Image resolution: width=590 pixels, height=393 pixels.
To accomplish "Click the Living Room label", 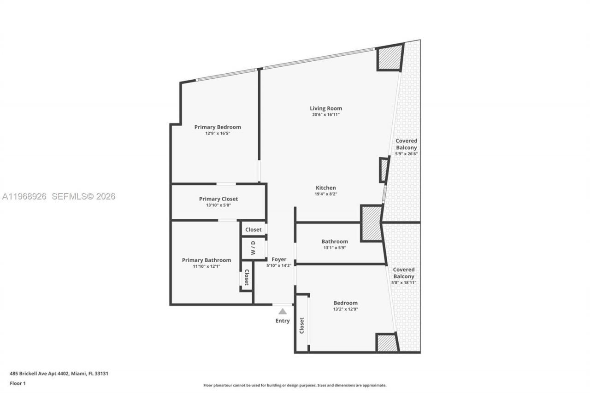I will tap(325, 108).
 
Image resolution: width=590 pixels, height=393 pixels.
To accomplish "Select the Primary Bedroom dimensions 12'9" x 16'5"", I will tap(218, 133).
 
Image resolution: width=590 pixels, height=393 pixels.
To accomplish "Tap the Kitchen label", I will tap(325, 188).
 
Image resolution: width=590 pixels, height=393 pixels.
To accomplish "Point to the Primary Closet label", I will tap(218, 199).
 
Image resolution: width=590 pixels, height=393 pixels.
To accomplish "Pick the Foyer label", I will tap(279, 259).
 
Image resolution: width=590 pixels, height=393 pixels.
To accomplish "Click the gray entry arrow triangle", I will tap(283, 311).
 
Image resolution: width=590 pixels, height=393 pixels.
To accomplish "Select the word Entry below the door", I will tap(283, 321).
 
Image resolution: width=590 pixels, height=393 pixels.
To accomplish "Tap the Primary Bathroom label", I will tap(206, 260).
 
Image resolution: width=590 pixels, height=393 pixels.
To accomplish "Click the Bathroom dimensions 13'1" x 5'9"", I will tap(335, 247).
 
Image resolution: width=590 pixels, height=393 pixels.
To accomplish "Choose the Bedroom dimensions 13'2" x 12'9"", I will tap(345, 309).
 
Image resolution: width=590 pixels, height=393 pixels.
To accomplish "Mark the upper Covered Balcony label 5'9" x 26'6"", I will tap(406, 147).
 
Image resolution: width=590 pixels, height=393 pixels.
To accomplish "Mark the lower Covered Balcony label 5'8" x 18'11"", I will tap(403, 276).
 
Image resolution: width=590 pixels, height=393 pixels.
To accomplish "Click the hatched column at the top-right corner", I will tap(390, 58).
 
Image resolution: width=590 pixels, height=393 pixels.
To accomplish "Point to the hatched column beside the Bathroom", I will tap(371, 223).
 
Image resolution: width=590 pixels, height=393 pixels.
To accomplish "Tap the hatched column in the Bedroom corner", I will tap(387, 343).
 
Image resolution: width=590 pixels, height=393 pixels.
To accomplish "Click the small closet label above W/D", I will tap(253, 229).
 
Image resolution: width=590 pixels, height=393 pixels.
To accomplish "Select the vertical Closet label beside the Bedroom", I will tap(302, 325).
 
